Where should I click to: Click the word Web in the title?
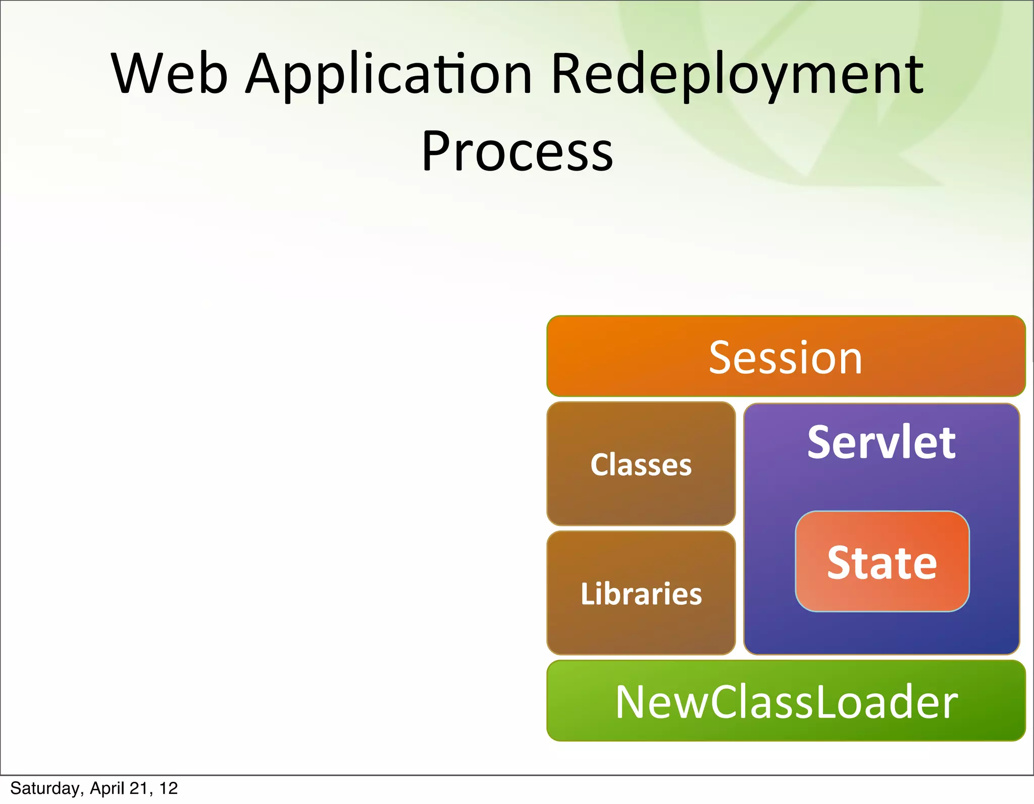click(169, 74)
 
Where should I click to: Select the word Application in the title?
click(389, 74)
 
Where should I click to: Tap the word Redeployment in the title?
click(737, 74)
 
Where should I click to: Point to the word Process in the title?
click(517, 151)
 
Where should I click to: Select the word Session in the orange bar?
click(785, 358)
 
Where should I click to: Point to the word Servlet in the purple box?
click(881, 443)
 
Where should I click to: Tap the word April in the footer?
click(107, 788)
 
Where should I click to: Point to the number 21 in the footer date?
click(138, 788)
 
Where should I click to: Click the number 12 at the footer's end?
click(169, 788)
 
